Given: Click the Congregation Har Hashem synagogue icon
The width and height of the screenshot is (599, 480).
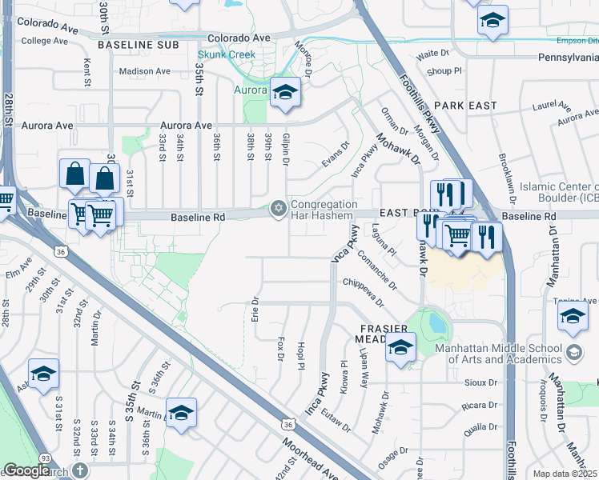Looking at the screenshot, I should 279,209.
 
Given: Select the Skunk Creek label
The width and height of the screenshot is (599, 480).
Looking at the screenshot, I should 227,55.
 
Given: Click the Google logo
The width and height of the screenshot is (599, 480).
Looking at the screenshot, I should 26,470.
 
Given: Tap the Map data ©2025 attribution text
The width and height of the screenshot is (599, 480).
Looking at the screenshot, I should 565,474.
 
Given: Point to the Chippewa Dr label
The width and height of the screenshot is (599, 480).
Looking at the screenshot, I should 364,293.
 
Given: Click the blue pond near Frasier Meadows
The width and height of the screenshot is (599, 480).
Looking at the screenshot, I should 437,323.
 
